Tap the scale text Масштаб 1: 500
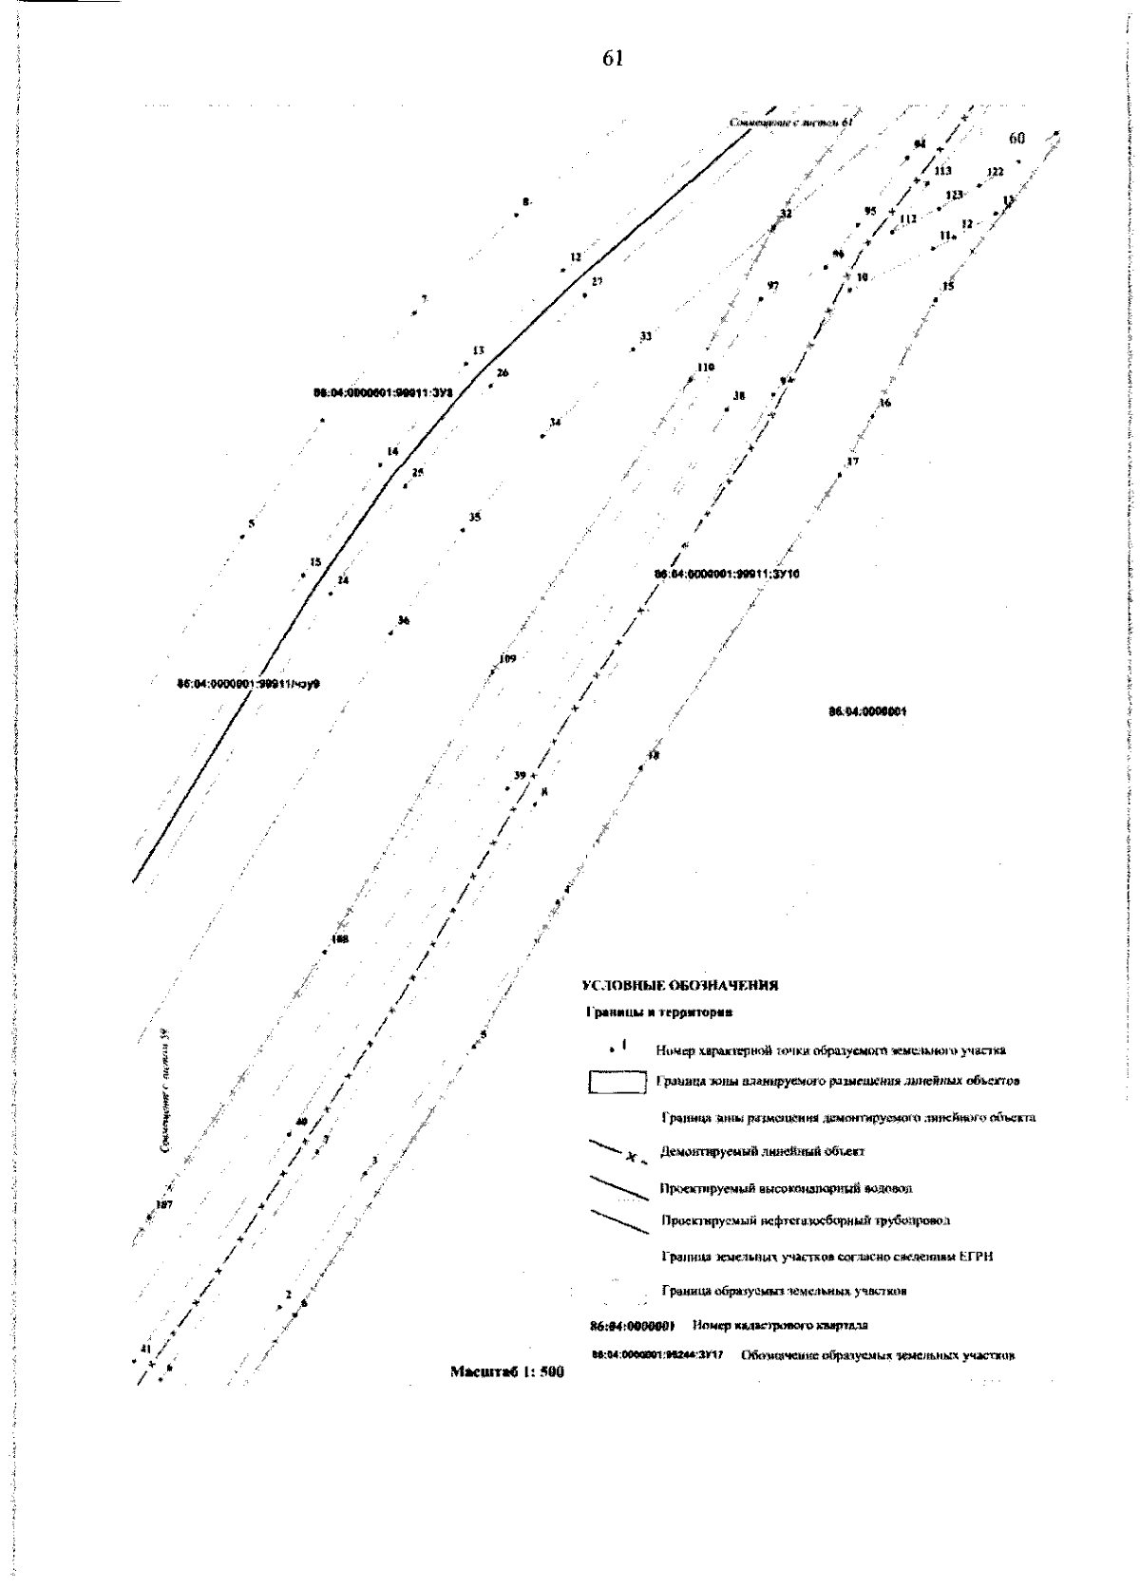coord(507,1372)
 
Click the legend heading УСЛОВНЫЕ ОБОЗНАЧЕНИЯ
coord(680,985)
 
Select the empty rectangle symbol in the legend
coord(617,1083)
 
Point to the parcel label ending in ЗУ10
coord(728,574)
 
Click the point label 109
coord(507,659)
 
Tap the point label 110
coord(705,367)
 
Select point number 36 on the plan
coord(404,620)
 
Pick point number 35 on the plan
coord(475,518)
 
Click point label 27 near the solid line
coord(597,282)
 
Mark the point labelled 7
coord(424,299)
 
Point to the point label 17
coord(852,462)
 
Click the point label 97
coord(773,286)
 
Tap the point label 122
coord(995,172)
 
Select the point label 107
coord(163,1204)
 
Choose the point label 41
coord(145,1349)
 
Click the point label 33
coord(646,336)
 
